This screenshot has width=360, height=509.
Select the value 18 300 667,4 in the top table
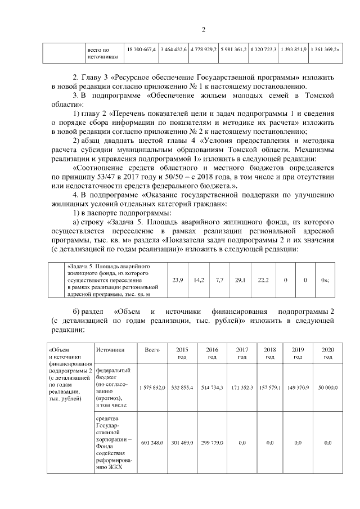(x=141, y=50)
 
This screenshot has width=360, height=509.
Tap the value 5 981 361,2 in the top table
(x=233, y=50)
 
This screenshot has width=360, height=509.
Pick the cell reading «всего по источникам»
(x=102, y=53)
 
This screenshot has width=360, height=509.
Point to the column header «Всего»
(x=152, y=349)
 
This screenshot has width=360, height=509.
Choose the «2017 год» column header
(x=242, y=353)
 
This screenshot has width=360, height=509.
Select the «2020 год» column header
(x=327, y=353)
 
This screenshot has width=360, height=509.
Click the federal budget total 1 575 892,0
(x=152, y=388)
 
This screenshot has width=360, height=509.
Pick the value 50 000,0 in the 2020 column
(x=327, y=388)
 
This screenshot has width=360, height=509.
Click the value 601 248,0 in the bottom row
(x=152, y=443)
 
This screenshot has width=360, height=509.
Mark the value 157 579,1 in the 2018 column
(x=270, y=388)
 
